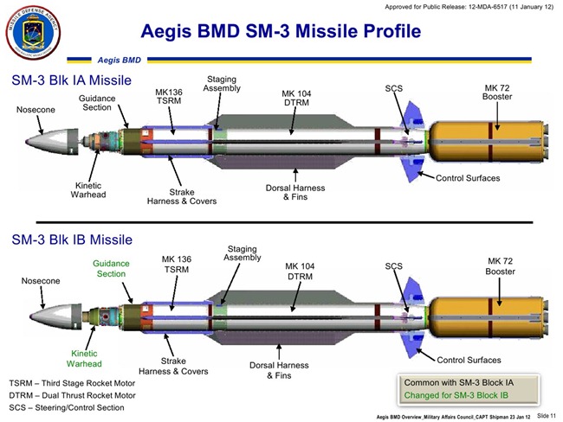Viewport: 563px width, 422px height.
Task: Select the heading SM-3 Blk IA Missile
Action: click(x=71, y=80)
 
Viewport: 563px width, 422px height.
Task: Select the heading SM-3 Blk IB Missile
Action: click(x=71, y=240)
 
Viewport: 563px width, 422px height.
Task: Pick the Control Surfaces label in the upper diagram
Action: click(x=468, y=177)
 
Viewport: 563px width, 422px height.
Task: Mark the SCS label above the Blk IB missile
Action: click(x=394, y=266)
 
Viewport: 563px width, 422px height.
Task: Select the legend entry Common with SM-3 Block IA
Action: click(x=468, y=381)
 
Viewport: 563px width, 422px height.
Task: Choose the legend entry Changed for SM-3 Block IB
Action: click(x=468, y=396)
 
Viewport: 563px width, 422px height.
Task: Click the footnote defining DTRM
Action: click(x=74, y=395)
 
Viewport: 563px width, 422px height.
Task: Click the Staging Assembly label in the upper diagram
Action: click(x=222, y=84)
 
